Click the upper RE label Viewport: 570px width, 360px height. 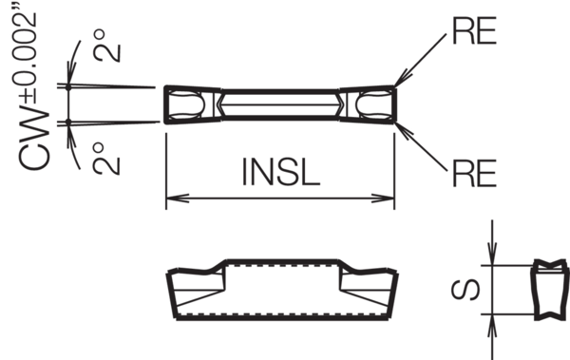click(474, 31)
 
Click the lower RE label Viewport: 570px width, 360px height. click(474, 174)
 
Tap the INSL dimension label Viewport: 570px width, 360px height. click(280, 172)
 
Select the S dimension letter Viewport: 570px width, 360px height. click(465, 290)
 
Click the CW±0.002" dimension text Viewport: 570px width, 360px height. click(32, 91)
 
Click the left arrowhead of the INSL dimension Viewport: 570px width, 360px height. click(178, 199)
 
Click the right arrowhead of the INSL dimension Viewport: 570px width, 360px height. click(383, 199)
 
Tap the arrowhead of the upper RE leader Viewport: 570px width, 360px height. click(403, 79)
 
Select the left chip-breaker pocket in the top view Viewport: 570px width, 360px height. click(186, 104)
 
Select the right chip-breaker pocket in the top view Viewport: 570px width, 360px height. click(373, 104)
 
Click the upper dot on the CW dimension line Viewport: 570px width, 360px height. click(68, 86)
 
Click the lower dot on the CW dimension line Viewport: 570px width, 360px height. click(68, 123)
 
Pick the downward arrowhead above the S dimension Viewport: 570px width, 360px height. click(492, 254)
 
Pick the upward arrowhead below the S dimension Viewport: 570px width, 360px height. click(492, 326)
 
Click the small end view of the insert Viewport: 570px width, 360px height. click(551, 290)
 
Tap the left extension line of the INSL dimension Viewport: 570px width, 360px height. click(166, 171)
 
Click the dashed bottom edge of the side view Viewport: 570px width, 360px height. click(282, 314)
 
